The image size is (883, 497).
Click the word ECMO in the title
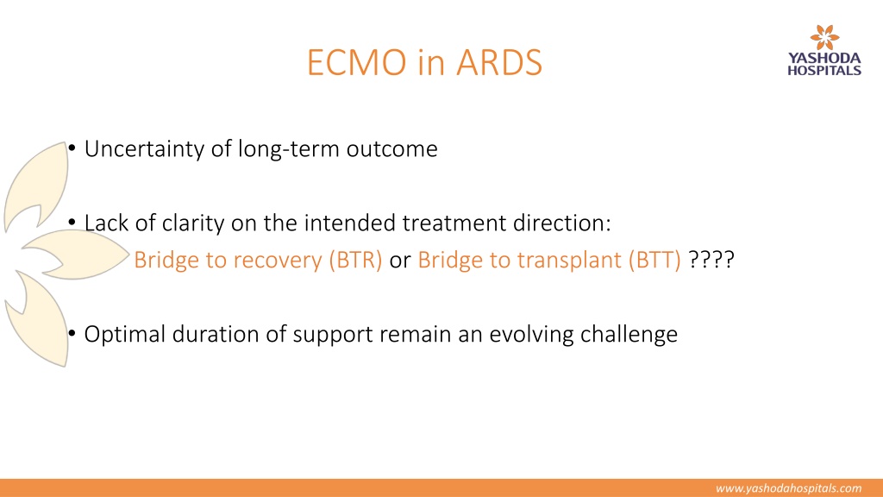point(356,62)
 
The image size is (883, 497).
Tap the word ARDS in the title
point(499,62)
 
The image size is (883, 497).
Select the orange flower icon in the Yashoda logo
point(824,37)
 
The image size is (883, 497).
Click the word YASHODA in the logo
point(824,58)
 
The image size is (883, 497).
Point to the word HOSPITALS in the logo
point(824,71)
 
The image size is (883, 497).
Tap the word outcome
point(392,149)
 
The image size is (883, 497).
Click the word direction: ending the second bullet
point(561,223)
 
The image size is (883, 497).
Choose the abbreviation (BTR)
point(355,261)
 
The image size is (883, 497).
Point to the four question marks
point(711,260)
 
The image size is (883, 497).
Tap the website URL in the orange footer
point(788,488)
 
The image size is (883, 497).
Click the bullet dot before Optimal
point(72,334)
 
